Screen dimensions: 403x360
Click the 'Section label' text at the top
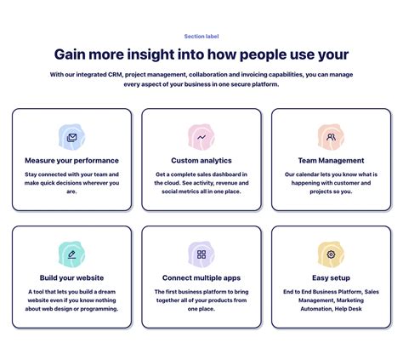pos(201,37)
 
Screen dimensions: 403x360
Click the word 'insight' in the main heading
pos(150,54)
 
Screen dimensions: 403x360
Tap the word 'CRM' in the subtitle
pos(115,75)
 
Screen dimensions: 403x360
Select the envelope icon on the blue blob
pos(71,138)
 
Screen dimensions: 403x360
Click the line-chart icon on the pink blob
pos(201,138)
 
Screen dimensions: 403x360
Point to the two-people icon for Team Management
pos(331,137)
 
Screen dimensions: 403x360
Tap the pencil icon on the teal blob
pos(71,254)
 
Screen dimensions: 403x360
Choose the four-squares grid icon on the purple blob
pos(201,254)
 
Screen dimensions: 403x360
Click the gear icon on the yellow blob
pos(331,254)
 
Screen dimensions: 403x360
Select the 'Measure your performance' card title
pos(71,161)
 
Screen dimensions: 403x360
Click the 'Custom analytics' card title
pos(201,161)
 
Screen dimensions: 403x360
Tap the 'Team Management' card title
pos(331,161)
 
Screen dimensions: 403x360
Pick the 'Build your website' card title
pos(71,277)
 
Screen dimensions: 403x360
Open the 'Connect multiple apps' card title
pos(201,277)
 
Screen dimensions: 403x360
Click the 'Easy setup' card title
pos(331,277)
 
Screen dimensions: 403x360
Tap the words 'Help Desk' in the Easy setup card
pos(349,309)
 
